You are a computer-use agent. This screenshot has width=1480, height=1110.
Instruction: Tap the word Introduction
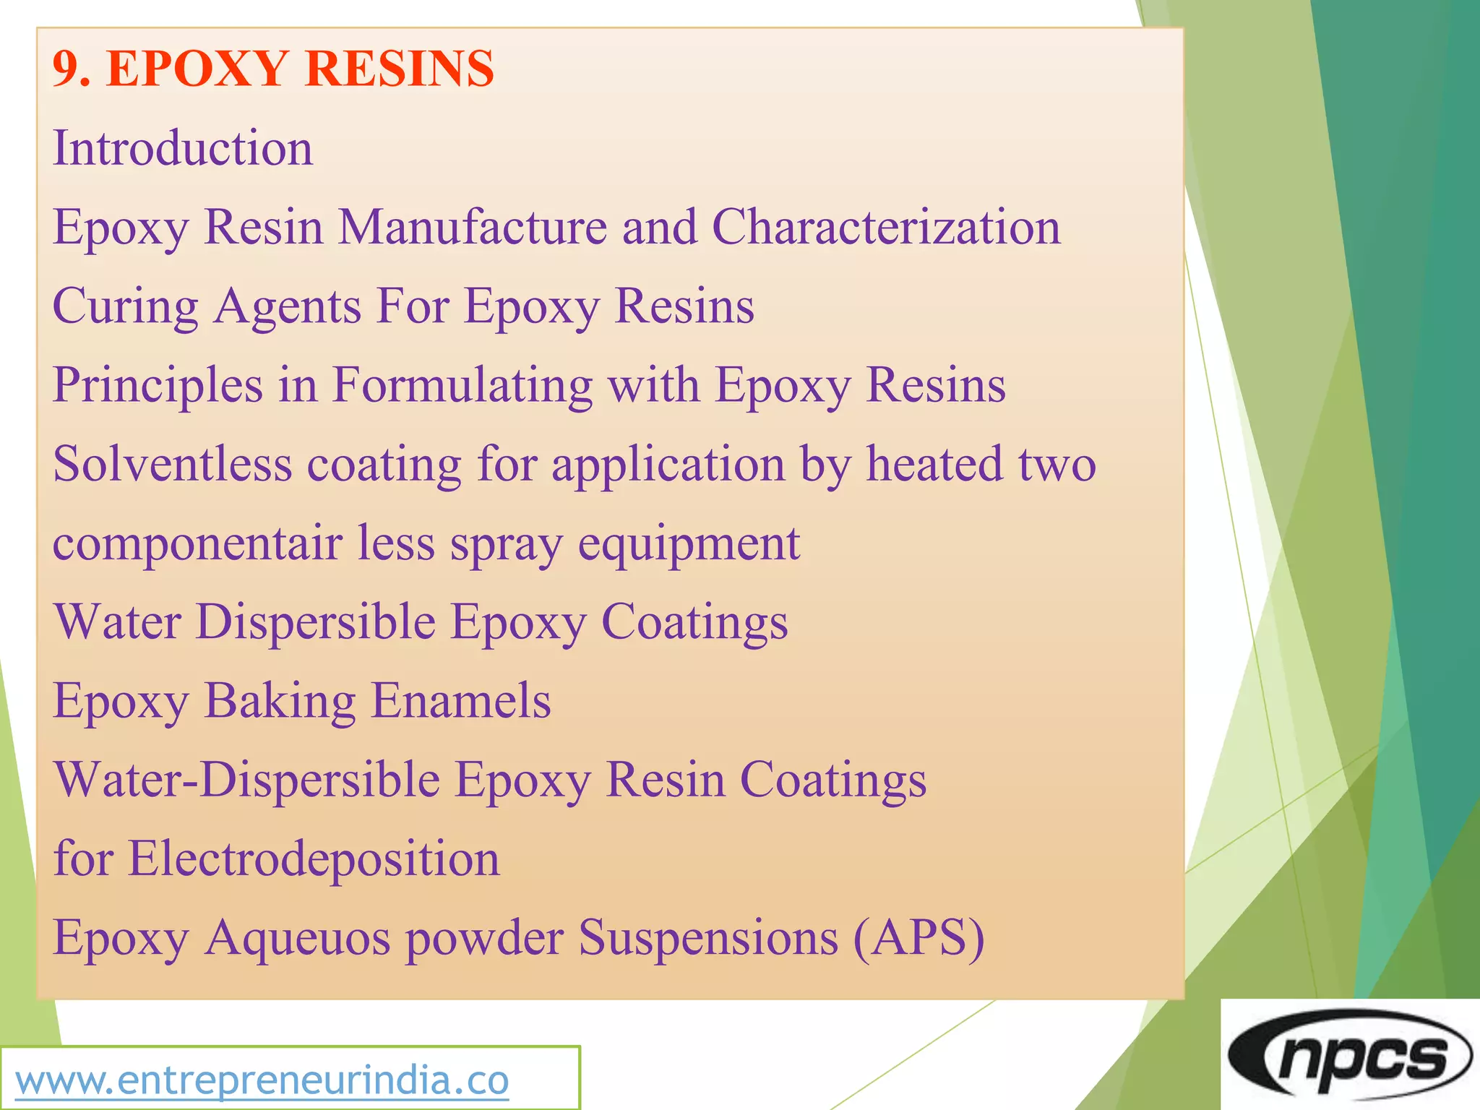(x=183, y=148)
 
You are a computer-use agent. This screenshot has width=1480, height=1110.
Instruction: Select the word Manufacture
(x=473, y=227)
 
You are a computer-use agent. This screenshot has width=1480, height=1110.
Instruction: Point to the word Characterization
(x=887, y=227)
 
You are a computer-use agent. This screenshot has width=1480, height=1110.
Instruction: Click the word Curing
(x=126, y=306)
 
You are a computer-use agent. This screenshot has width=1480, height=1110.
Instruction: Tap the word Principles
(x=158, y=386)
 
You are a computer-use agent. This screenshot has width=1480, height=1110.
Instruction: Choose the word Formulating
(x=462, y=386)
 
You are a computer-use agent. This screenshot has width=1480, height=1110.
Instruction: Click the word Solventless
(x=173, y=464)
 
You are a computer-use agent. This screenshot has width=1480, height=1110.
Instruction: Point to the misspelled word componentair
(x=197, y=543)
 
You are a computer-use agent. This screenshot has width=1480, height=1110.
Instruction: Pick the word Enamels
(x=461, y=700)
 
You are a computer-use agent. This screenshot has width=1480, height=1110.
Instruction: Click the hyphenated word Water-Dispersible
(x=247, y=780)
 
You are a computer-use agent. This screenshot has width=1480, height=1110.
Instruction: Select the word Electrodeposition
(x=314, y=859)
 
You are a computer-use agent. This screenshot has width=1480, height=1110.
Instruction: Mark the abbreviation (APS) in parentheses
(x=918, y=939)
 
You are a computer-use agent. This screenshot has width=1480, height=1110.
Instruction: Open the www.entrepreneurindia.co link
(x=262, y=1081)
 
